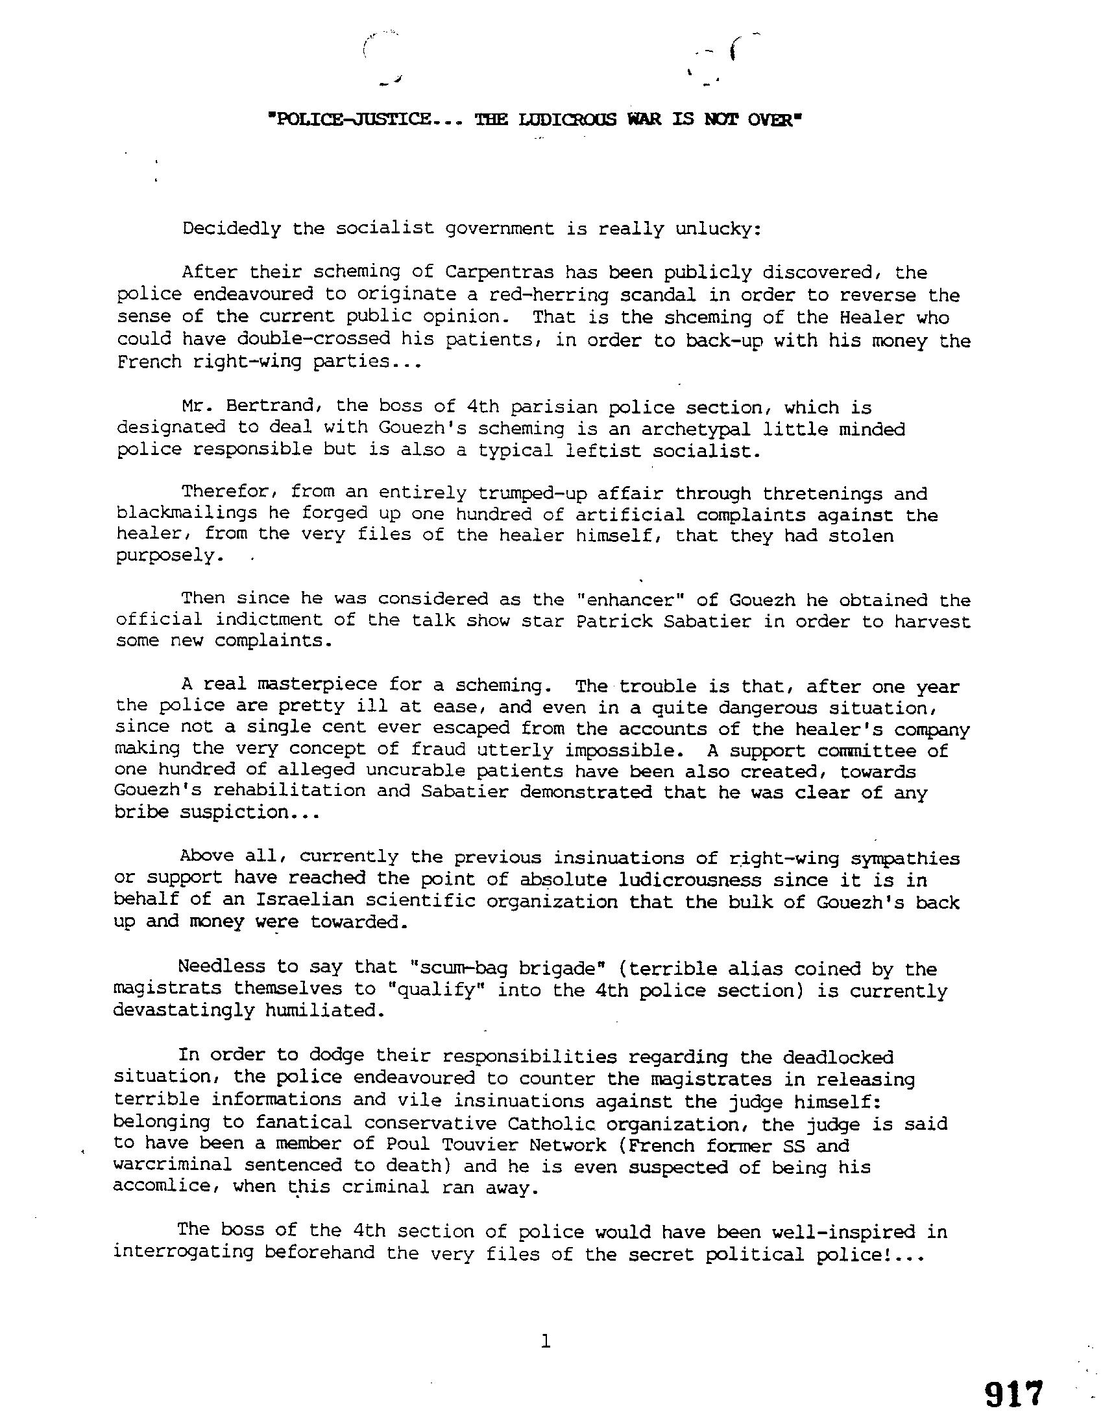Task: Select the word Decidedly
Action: coord(232,229)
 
